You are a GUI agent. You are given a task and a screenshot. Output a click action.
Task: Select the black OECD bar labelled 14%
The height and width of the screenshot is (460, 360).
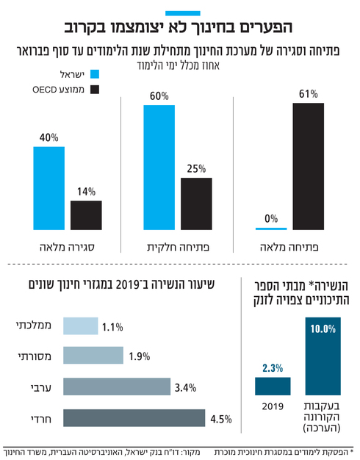[x=86, y=215]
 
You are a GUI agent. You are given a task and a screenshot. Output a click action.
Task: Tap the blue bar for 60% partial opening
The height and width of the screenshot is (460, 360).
[x=159, y=168]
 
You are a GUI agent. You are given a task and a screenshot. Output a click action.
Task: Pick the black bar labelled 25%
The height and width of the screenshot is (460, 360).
[x=196, y=203]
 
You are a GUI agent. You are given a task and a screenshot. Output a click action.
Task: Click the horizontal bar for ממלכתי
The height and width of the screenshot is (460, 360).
[x=81, y=327]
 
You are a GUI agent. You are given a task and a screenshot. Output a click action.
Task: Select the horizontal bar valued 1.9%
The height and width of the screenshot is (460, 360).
[x=93, y=356]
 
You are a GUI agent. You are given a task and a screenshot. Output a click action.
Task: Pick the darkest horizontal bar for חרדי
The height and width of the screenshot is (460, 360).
[x=134, y=418]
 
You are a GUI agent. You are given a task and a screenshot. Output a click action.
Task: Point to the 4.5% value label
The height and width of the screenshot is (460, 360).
[x=220, y=419]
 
